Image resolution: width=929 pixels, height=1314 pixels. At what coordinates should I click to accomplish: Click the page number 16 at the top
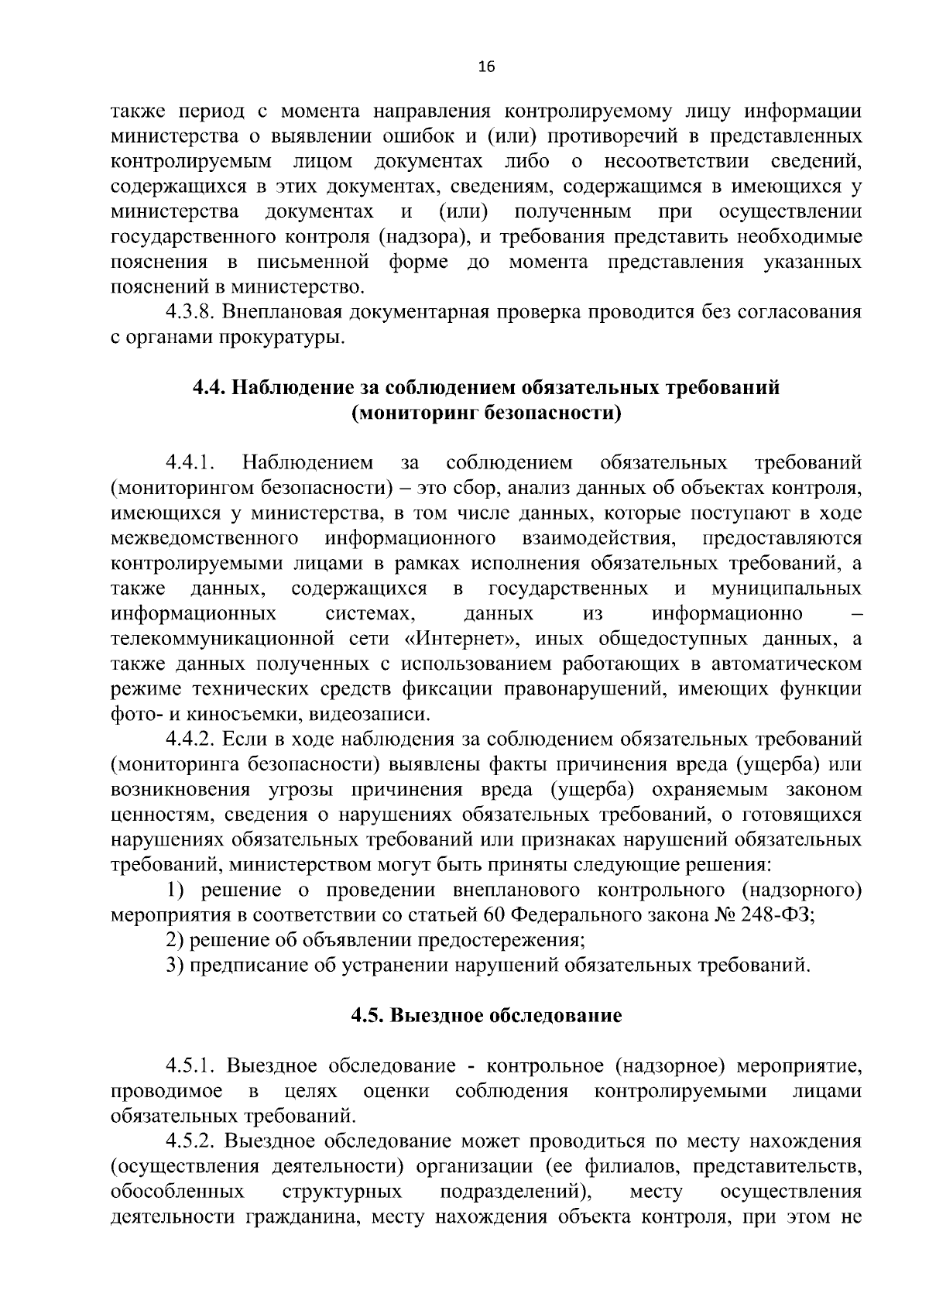(x=486, y=67)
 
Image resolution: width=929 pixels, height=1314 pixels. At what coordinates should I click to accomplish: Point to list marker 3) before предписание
(x=175, y=966)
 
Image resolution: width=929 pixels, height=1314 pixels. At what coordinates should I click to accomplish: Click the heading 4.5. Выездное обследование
(x=486, y=1016)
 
